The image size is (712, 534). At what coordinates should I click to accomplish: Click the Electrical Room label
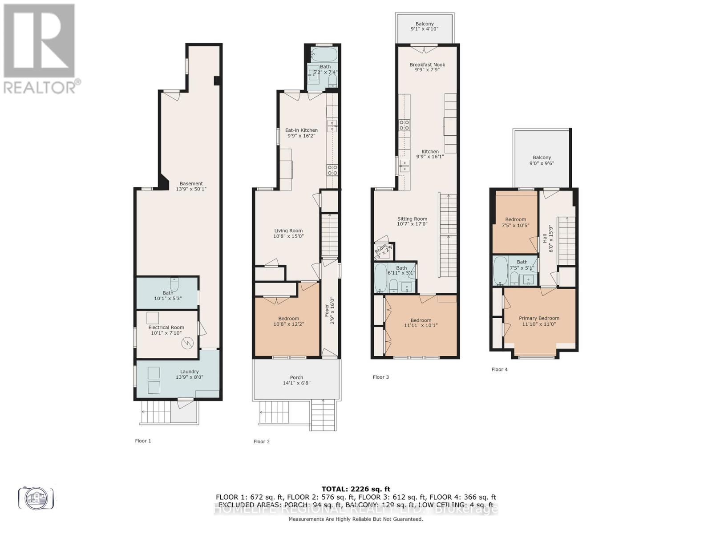click(x=166, y=328)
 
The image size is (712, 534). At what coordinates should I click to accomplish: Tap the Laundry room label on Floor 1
click(x=189, y=372)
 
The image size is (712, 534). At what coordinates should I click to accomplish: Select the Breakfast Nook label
click(x=427, y=65)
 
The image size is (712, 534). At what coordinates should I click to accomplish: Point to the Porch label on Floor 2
click(x=296, y=377)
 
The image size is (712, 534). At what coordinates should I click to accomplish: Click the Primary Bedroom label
click(x=539, y=318)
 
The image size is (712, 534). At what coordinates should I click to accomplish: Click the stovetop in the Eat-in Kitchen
click(x=332, y=170)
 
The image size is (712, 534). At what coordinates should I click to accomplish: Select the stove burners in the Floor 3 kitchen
click(x=404, y=125)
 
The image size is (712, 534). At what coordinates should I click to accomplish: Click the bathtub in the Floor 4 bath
click(x=501, y=271)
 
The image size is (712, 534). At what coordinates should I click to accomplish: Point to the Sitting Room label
click(x=412, y=219)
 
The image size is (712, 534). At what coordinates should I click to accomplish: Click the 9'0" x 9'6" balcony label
click(x=542, y=163)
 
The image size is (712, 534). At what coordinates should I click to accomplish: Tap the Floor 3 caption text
click(x=380, y=377)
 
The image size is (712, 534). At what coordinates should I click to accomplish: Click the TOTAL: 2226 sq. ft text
click(x=356, y=489)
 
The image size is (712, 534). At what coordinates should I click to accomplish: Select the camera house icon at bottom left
click(x=36, y=498)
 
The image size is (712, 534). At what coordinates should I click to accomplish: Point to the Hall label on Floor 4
click(x=545, y=239)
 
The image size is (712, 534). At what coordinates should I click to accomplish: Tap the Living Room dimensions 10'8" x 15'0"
click(x=288, y=236)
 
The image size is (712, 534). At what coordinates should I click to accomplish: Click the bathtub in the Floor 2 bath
click(x=324, y=55)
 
